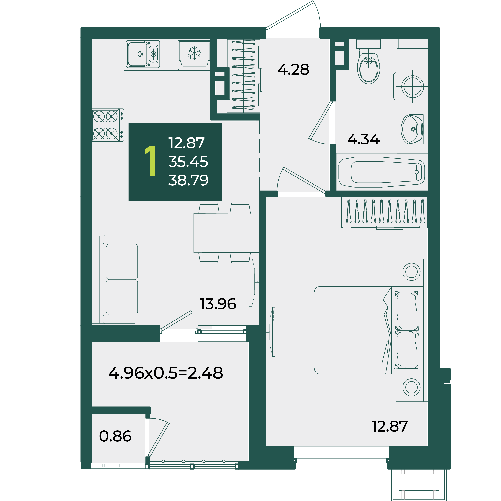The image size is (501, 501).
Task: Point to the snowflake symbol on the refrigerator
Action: (x=194, y=53)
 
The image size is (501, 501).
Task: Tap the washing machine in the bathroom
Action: (x=412, y=86)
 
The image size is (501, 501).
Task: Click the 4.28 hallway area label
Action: (x=293, y=69)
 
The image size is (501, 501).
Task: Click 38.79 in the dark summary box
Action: (x=188, y=180)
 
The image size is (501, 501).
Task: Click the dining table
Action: (x=226, y=233)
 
